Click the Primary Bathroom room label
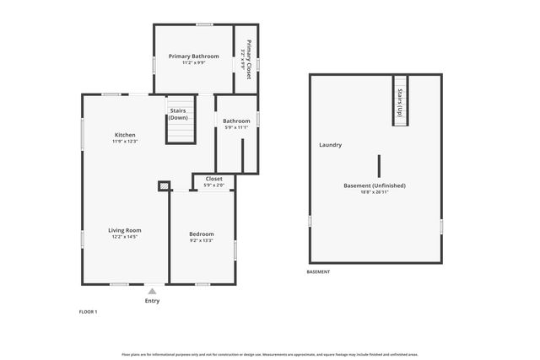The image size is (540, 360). point(192,56)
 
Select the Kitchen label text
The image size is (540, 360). point(125,135)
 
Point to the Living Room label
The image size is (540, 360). point(125,230)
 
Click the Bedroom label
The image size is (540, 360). point(201,234)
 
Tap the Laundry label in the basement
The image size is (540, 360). point(330,145)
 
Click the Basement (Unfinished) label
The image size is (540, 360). point(375,185)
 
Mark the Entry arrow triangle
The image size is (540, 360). point(152,291)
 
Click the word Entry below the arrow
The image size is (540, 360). point(152,301)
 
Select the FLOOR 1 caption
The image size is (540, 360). point(89,312)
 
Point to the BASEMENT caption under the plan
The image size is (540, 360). point(318,272)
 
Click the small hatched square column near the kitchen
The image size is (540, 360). point(164,185)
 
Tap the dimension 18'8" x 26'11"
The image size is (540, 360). point(375,192)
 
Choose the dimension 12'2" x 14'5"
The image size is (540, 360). point(125,237)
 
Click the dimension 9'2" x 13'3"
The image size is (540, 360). point(201,240)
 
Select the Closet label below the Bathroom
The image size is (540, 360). point(214,179)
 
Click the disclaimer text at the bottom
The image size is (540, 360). point(270,354)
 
